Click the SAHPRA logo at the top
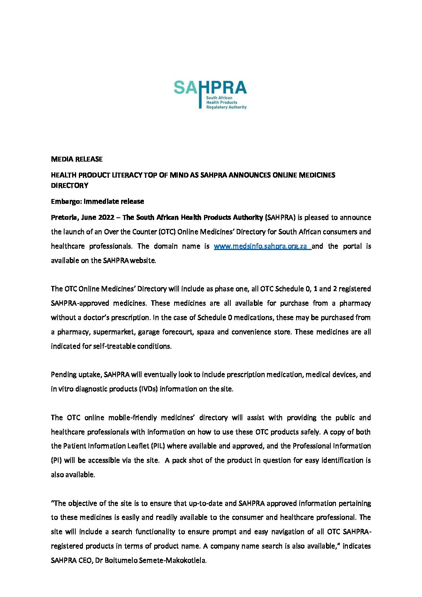pos(210,94)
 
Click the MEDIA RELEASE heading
pos(77,159)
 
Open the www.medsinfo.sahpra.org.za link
pos(262,246)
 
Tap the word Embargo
pos(66,201)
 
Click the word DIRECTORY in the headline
pos(69,185)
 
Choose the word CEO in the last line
pos(82,560)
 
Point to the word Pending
pos(63,374)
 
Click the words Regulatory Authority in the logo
pos(226,107)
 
